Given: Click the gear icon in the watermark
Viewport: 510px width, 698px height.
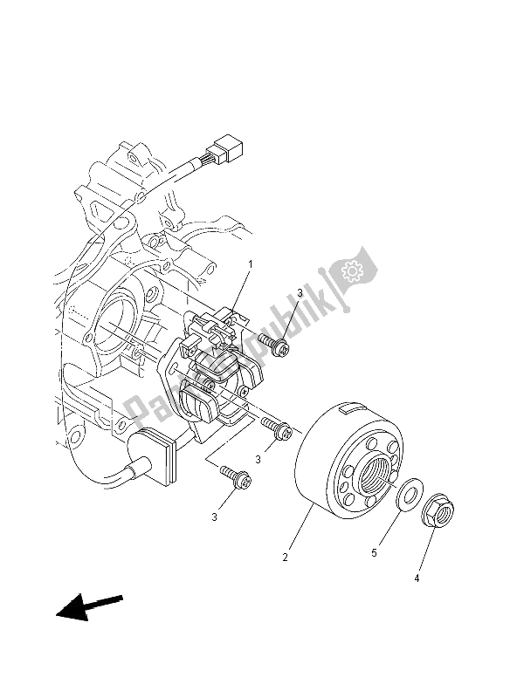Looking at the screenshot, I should point(355,272).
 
